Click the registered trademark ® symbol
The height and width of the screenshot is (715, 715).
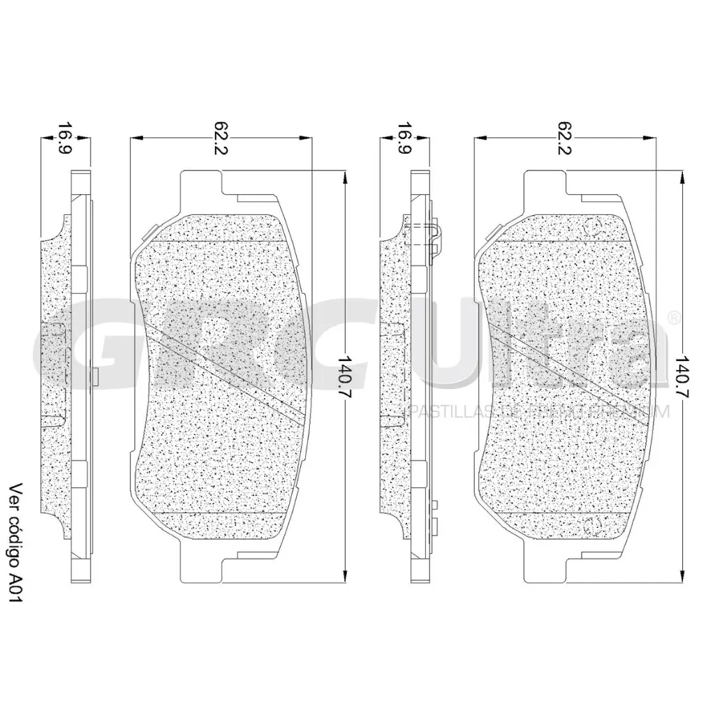pyautogui.click(x=673, y=318)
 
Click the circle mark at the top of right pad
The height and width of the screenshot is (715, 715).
pyautogui.click(x=596, y=225)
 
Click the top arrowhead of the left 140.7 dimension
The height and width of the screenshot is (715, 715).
pyautogui.click(x=344, y=177)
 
